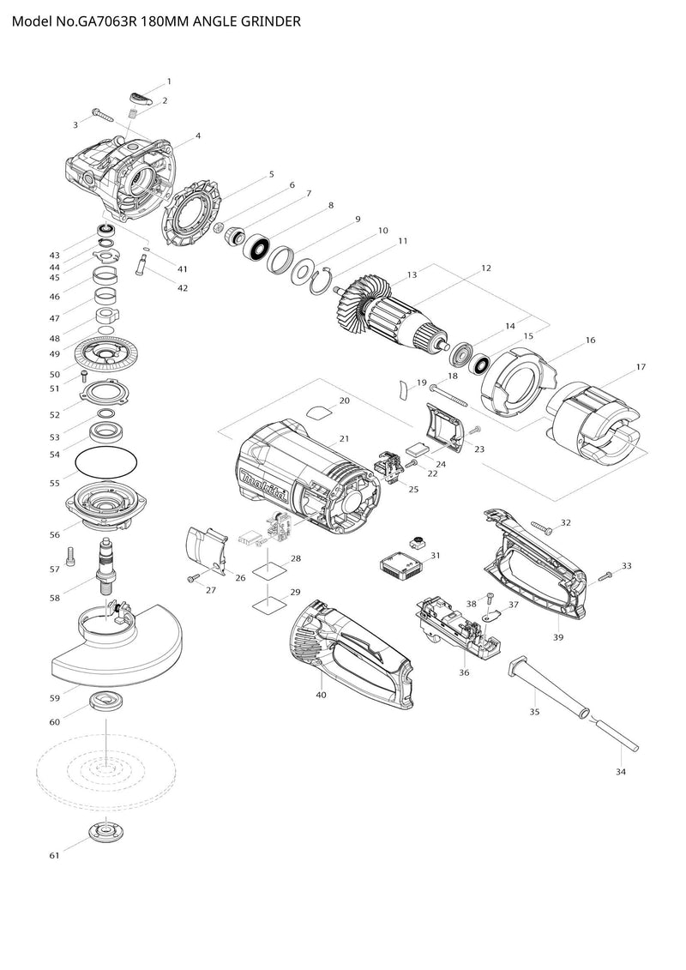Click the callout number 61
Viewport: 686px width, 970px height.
(x=54, y=856)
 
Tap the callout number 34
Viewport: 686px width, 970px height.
(x=621, y=772)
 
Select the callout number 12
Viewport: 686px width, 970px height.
(x=485, y=268)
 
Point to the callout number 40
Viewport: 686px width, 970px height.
(x=321, y=695)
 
